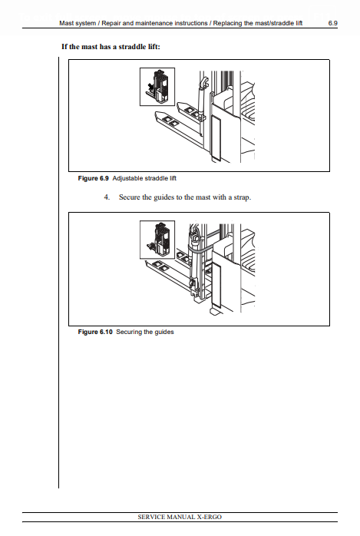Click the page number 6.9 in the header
click(x=332, y=23)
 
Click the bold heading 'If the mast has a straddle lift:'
click(x=111, y=47)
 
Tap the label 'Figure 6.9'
click(x=93, y=178)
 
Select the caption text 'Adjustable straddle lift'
click(x=144, y=178)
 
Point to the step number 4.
click(x=107, y=197)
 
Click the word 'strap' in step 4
click(x=242, y=197)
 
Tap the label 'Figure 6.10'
click(x=95, y=332)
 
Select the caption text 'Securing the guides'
click(x=145, y=332)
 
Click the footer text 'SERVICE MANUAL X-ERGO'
click(x=180, y=517)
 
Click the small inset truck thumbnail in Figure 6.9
click(x=157, y=87)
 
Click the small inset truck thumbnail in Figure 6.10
click(x=157, y=240)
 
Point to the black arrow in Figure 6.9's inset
click(x=150, y=86)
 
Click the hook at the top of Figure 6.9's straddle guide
click(x=203, y=82)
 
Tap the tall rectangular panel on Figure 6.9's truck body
click(x=216, y=137)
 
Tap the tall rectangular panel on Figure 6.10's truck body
click(x=216, y=284)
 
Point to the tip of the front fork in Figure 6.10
click(x=146, y=262)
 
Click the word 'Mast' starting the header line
click(x=67, y=23)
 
